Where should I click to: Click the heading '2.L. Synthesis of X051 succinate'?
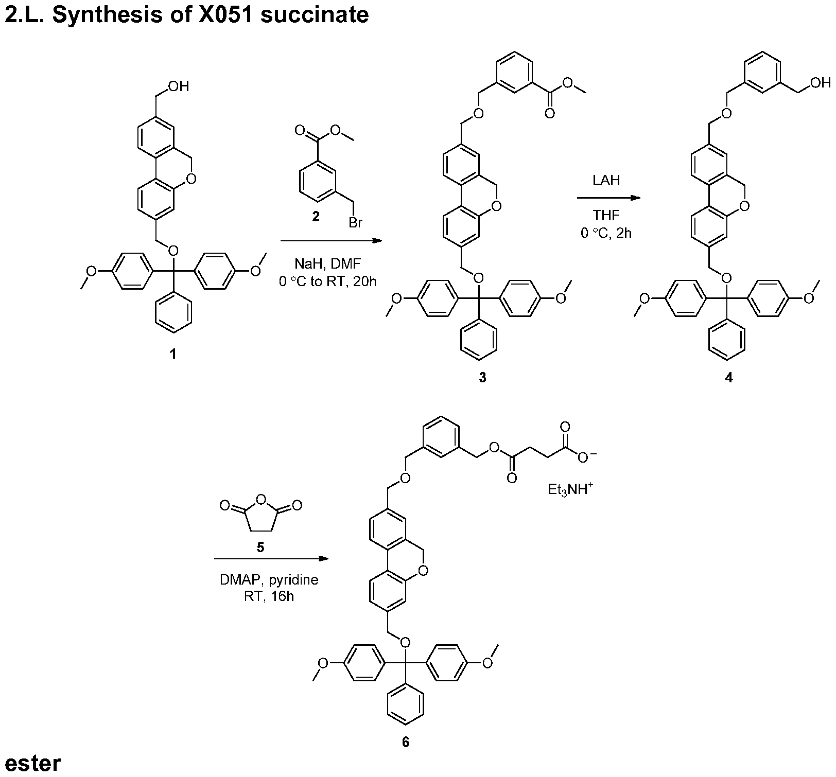[186, 14]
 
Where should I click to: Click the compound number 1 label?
[173, 354]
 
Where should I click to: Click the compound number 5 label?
[260, 547]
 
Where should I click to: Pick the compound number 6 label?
[406, 743]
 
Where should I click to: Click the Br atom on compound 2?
[356, 223]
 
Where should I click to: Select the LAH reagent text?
[606, 181]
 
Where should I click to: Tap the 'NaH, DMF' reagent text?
[328, 264]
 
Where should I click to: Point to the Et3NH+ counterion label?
[570, 489]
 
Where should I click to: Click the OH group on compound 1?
[178, 86]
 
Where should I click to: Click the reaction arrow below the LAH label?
[608, 198]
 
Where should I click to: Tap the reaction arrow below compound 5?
[272, 559]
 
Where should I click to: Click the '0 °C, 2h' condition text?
[606, 233]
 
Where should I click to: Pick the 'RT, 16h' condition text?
[269, 597]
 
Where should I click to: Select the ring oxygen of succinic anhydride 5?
[260, 499]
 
